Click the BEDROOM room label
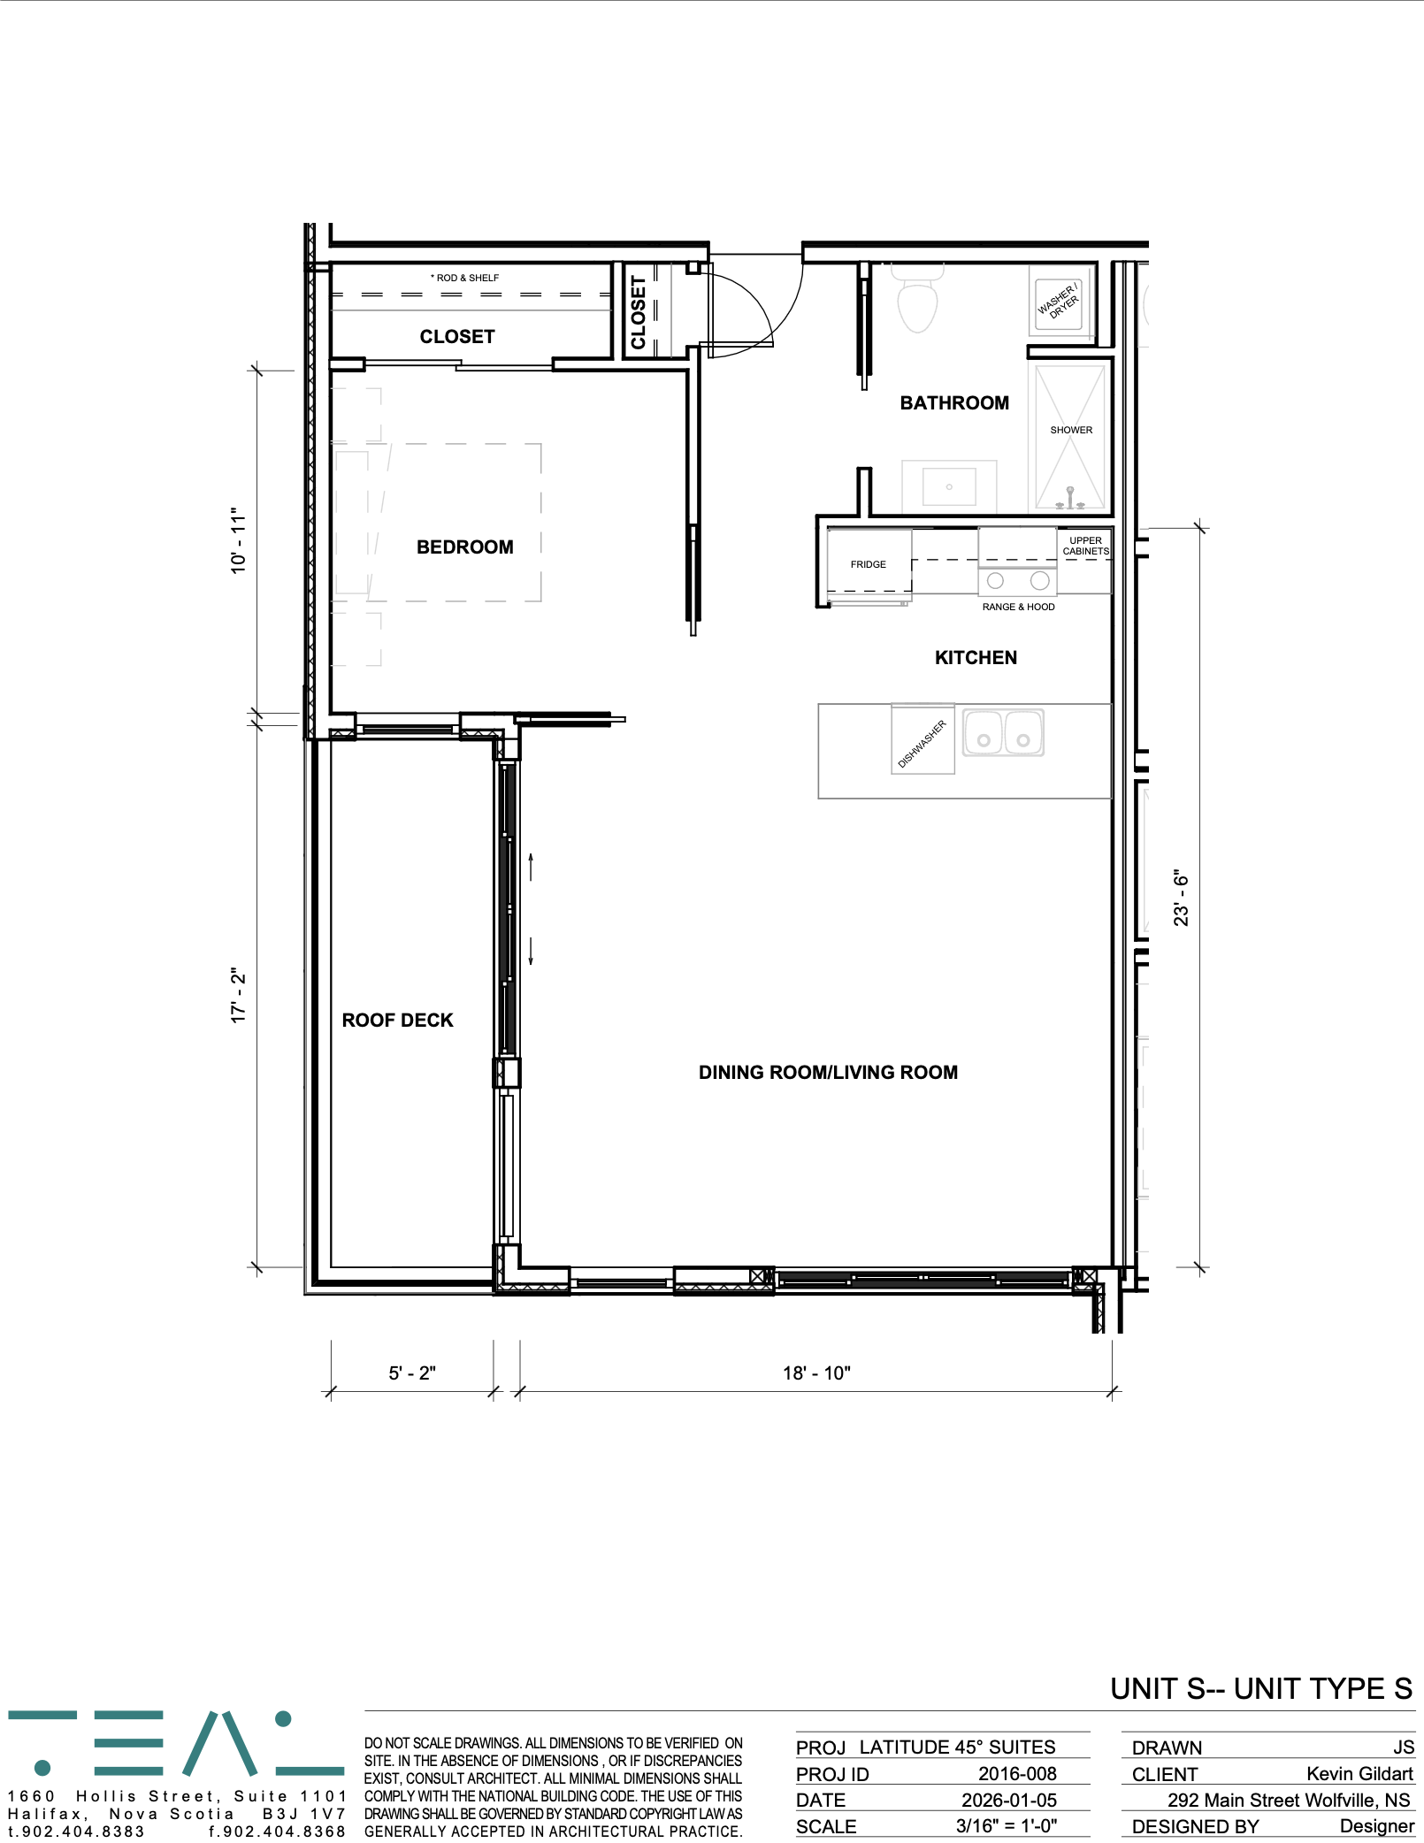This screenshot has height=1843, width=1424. [x=464, y=547]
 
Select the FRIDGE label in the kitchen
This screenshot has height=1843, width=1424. [x=868, y=564]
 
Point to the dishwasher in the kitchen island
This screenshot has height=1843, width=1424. [x=923, y=739]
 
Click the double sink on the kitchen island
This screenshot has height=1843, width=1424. [x=1003, y=732]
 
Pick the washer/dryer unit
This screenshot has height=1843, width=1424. [x=1059, y=300]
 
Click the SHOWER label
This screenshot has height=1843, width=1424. [x=1070, y=430]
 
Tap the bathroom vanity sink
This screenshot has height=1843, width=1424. [x=949, y=486]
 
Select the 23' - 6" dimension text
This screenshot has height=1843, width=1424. [x=1181, y=898]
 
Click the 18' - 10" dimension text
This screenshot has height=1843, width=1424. [x=815, y=1373]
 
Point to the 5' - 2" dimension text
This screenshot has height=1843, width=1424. [x=412, y=1373]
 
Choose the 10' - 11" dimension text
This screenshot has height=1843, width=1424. [x=239, y=540]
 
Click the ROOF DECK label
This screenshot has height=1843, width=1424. [x=397, y=1021]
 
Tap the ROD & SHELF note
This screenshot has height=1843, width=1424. [x=464, y=278]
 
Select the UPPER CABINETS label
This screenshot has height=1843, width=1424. [x=1085, y=546]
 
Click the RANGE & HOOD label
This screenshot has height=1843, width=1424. [x=1018, y=607]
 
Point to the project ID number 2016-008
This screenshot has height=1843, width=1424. [x=1017, y=1773]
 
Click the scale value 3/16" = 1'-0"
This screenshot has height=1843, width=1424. [x=1007, y=1826]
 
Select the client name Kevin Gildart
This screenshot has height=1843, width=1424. [x=1359, y=1774]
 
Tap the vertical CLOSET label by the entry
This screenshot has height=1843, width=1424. [x=638, y=312]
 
